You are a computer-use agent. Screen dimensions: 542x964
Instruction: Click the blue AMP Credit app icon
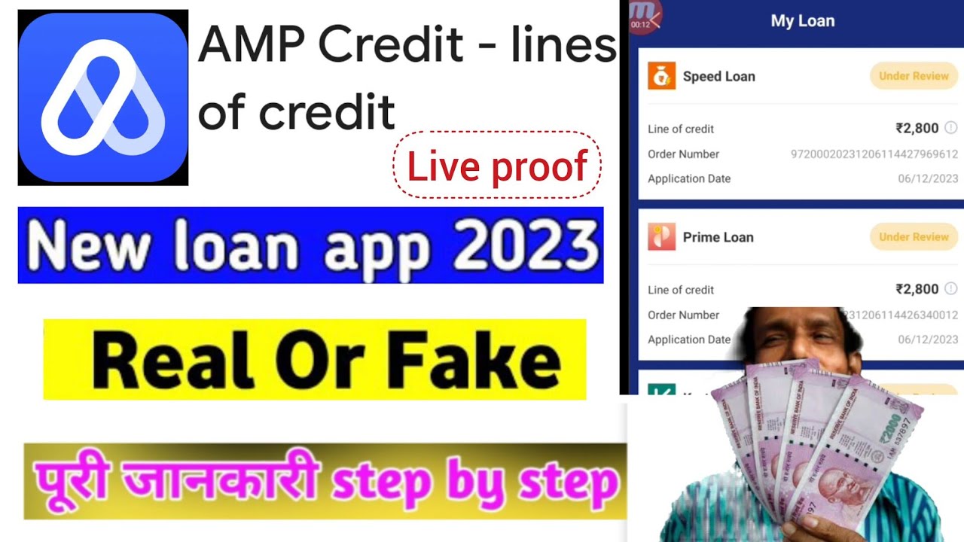[103, 98]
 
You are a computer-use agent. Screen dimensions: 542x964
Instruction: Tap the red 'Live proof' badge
[497, 166]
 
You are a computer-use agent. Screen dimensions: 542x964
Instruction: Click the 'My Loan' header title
[802, 21]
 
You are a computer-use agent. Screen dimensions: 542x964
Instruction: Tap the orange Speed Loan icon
[661, 76]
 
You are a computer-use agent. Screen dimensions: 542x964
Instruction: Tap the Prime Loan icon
[661, 237]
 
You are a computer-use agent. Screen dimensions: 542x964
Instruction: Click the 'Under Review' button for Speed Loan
[914, 76]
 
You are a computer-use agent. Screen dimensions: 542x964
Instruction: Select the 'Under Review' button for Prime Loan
[914, 237]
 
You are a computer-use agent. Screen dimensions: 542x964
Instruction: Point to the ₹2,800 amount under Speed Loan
[917, 129]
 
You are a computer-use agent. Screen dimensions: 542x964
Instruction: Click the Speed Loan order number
[874, 154]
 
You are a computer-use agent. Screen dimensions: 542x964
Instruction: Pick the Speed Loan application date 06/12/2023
[928, 179]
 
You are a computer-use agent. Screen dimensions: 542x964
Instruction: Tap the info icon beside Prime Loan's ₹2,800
[951, 289]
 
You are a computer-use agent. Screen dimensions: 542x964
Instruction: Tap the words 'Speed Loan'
[718, 76]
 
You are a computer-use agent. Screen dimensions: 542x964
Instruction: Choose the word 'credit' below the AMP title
[327, 113]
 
